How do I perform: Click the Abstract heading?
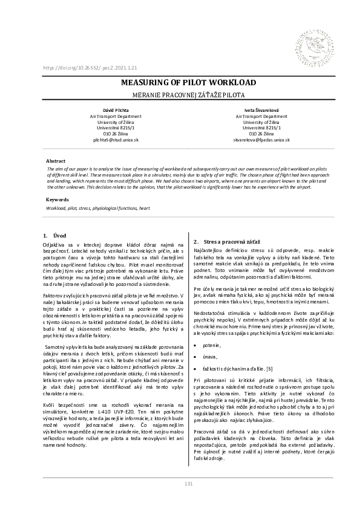click(x=56, y=161)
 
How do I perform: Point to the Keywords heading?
click(x=58, y=199)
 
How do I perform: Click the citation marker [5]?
click(x=269, y=368)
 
